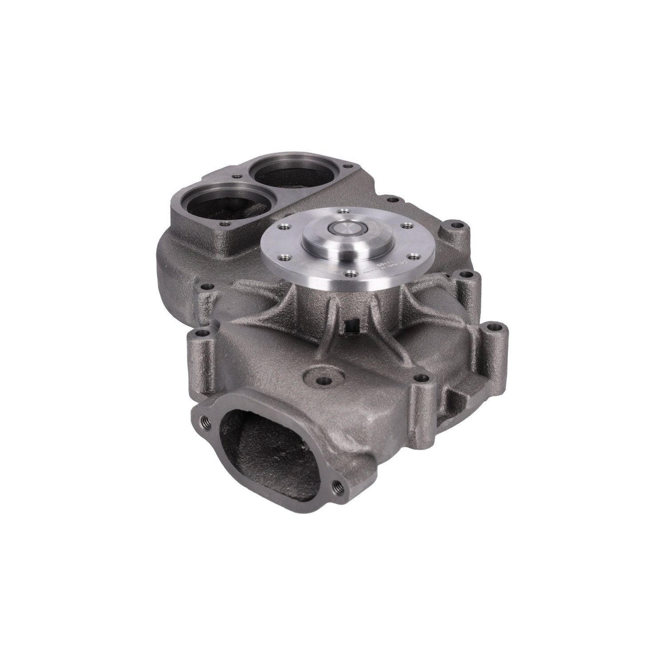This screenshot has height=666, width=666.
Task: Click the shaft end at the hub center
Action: (x=345, y=231)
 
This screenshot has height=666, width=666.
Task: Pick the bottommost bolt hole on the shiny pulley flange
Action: (x=353, y=273)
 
